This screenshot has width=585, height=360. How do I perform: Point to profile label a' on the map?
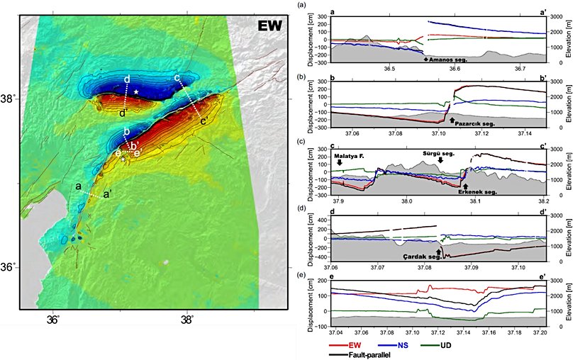click(x=106, y=194)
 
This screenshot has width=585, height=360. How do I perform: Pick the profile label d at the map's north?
click(x=126, y=78)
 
